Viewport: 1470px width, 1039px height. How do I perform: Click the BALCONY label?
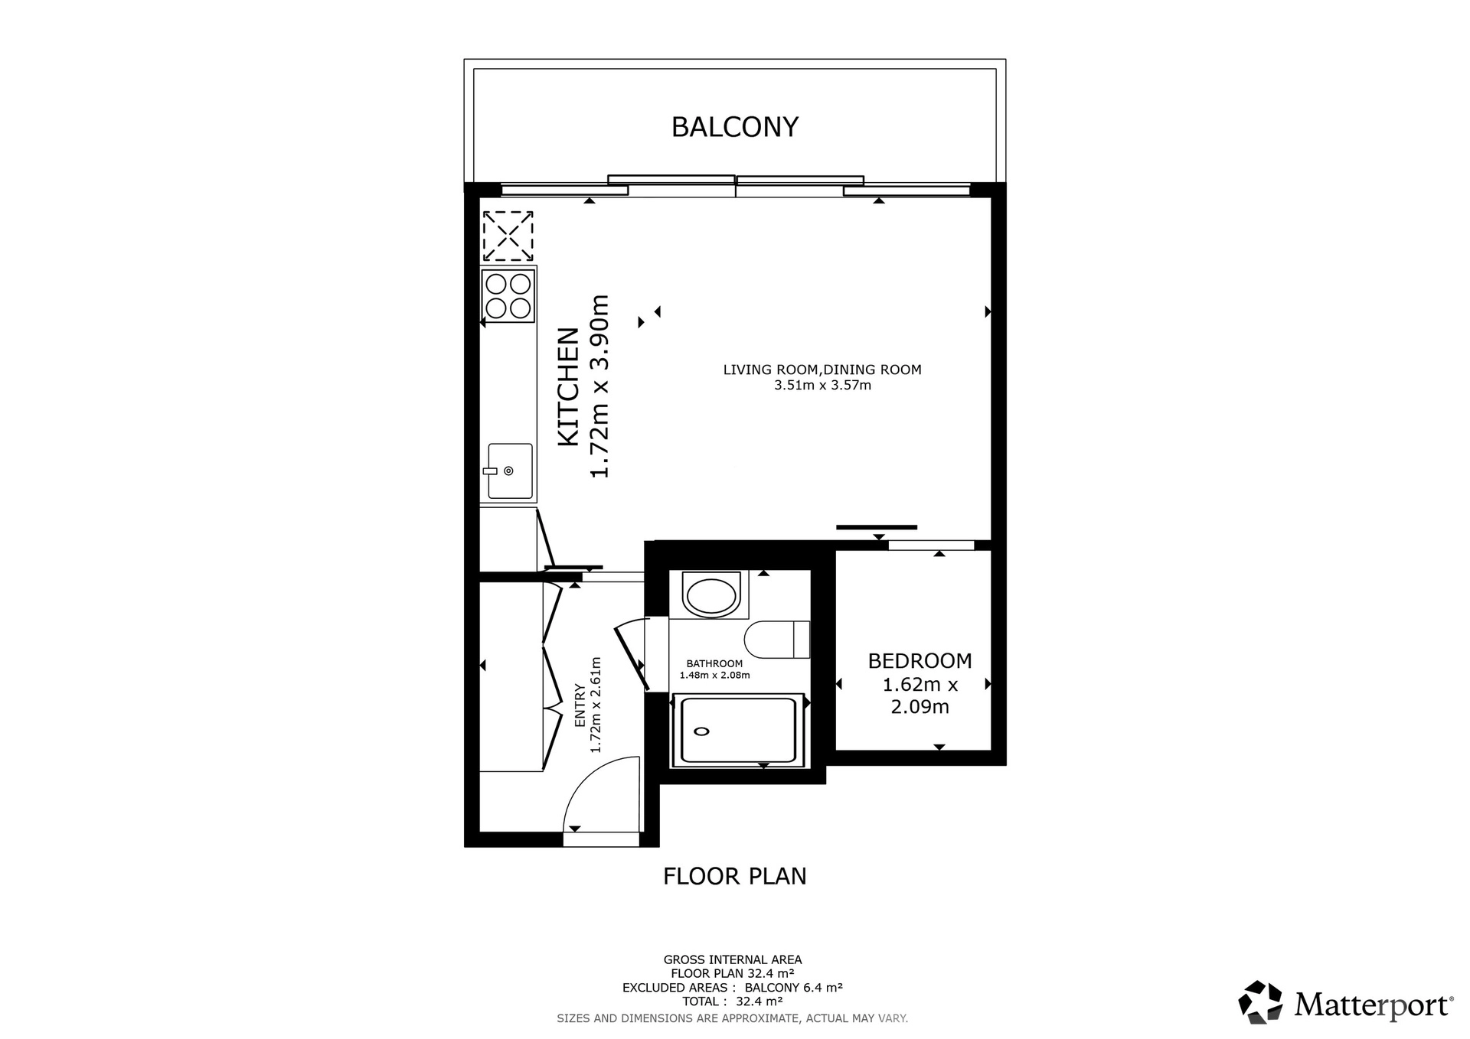tap(735, 127)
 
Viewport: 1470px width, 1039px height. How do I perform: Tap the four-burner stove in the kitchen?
tap(508, 295)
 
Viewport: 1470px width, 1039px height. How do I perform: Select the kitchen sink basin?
tap(510, 471)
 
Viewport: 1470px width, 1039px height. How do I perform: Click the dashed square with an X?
tap(508, 236)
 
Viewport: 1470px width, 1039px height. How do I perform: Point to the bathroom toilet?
tap(776, 640)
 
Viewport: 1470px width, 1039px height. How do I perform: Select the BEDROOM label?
tap(920, 660)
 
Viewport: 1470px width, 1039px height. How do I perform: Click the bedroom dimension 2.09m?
tap(920, 707)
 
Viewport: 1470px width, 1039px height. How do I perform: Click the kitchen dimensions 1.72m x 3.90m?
tap(599, 386)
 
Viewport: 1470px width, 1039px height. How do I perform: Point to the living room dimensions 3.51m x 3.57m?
tap(822, 386)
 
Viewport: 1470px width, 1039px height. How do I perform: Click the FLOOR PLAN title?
tap(735, 876)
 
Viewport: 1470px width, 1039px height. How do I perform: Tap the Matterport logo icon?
tap(1260, 1002)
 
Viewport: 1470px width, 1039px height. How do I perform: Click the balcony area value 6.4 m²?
tap(822, 988)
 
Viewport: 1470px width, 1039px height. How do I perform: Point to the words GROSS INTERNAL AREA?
tap(733, 959)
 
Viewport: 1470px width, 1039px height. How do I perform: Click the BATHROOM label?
tap(714, 663)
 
